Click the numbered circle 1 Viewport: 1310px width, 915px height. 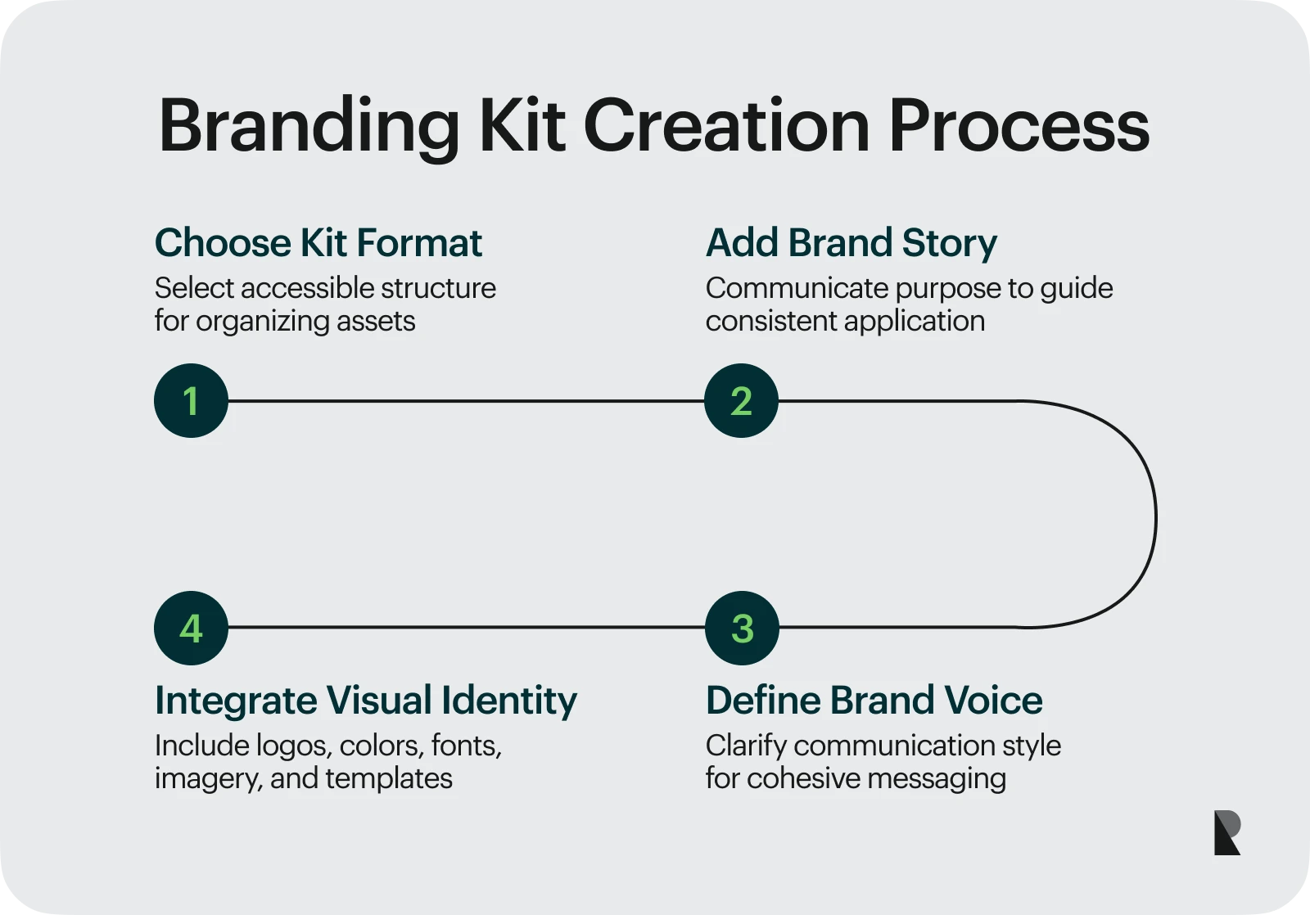click(x=191, y=401)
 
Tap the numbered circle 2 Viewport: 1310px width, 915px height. click(x=741, y=401)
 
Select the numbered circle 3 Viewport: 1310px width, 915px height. click(x=742, y=628)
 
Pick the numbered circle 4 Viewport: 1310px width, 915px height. click(x=191, y=628)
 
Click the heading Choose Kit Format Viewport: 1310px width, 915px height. click(x=318, y=243)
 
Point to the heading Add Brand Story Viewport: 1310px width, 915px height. click(x=851, y=243)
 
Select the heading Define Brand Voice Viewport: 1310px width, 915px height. click(x=874, y=701)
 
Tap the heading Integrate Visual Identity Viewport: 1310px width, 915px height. click(x=365, y=701)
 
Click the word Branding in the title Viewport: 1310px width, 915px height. click(x=309, y=127)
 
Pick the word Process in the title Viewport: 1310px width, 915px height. click(x=1019, y=127)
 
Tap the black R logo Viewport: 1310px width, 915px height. click(x=1226, y=833)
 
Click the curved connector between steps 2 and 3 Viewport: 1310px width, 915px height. click(x=1154, y=516)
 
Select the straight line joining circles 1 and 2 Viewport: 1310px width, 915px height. click(x=466, y=401)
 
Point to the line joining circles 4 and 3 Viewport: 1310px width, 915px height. click(x=466, y=628)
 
